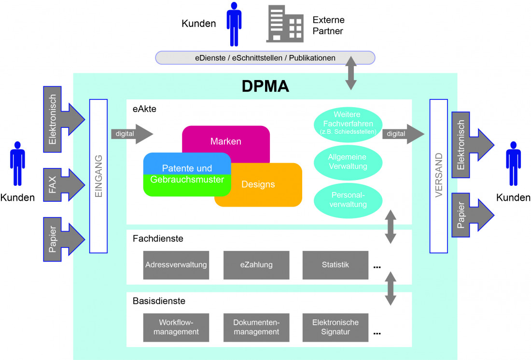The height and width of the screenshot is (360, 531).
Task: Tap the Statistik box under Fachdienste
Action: pyautogui.click(x=335, y=265)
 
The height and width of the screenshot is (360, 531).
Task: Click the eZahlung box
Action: pyautogui.click(x=256, y=265)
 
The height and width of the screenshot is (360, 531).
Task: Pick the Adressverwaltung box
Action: pyautogui.click(x=176, y=265)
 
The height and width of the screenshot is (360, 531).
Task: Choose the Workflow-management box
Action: pyautogui.click(x=176, y=327)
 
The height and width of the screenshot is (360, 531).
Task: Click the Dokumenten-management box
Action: pyautogui.click(x=256, y=327)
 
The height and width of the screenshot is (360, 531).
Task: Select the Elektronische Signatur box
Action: pyautogui.click(x=335, y=327)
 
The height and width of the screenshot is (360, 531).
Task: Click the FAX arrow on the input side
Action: pyautogui.click(x=62, y=183)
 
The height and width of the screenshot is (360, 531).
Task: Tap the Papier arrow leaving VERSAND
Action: pyautogui.click(x=470, y=215)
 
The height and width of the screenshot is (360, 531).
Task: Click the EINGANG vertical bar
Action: pyautogui.click(x=98, y=176)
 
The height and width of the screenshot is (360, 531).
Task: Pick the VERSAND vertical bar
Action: pyautogui.click(x=438, y=176)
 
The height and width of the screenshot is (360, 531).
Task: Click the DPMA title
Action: pyautogui.click(x=265, y=86)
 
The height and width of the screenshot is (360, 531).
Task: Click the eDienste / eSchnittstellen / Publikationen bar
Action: pyautogui.click(x=265, y=58)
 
